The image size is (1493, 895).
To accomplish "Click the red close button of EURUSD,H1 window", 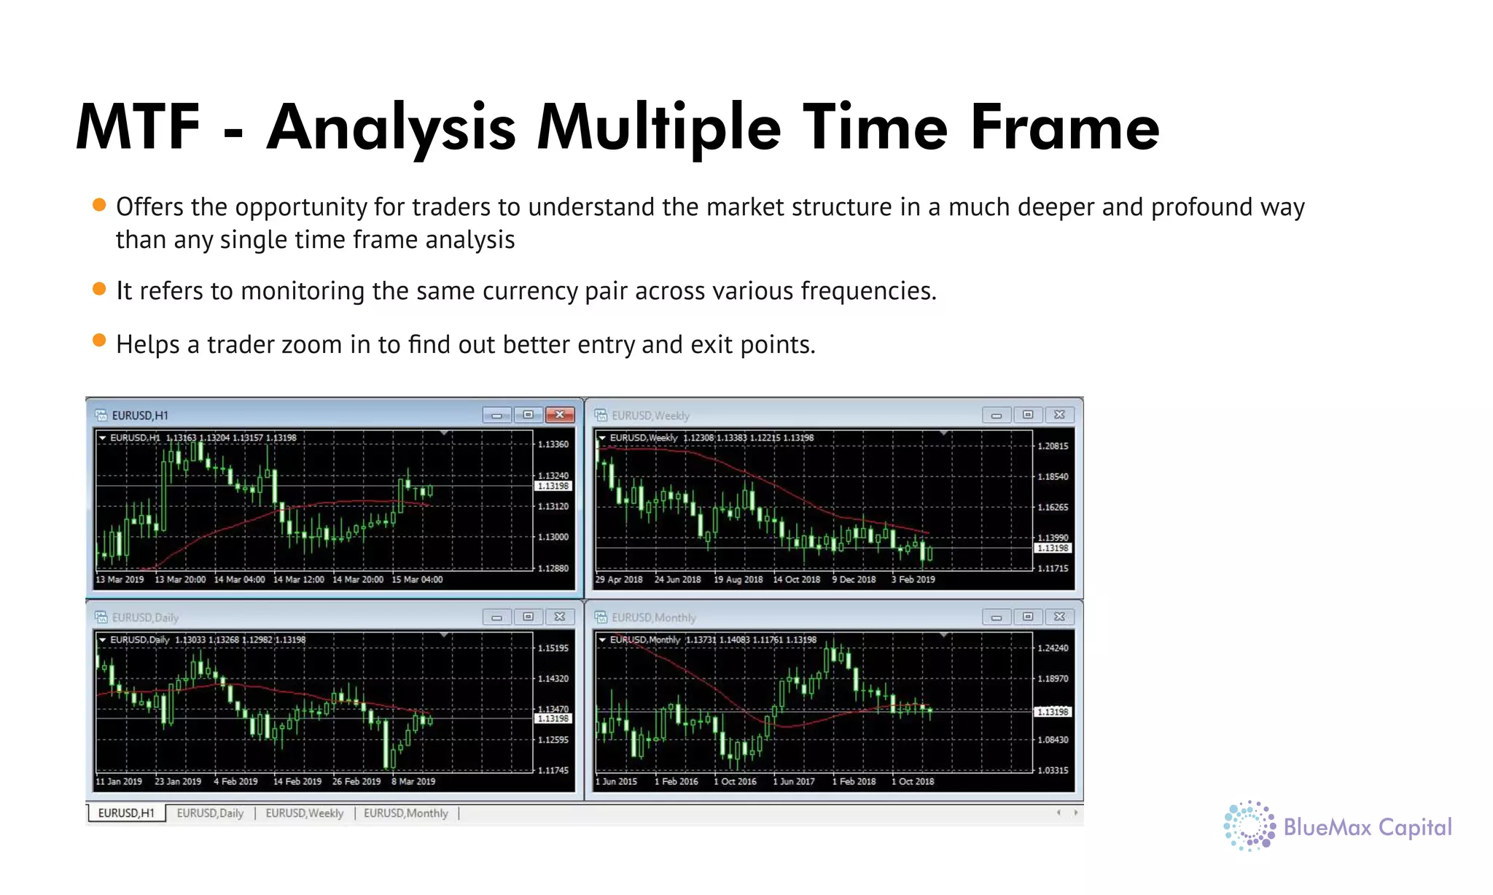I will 559,415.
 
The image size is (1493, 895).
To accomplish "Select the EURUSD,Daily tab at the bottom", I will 210,813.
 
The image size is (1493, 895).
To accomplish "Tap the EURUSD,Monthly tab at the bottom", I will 405,813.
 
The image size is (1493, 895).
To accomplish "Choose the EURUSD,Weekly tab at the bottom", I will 304,813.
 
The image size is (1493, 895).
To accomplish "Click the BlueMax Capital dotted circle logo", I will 1249,826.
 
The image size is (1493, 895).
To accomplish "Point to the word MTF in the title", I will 138,128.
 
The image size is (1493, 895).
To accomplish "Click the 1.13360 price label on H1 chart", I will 553,444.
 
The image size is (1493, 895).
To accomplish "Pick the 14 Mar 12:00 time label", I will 298,580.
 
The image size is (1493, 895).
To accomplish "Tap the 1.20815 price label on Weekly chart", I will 1053,446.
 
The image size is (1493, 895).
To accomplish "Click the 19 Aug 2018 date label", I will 738,580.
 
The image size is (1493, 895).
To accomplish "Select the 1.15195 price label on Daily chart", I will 553,648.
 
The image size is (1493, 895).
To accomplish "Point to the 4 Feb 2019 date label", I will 235,781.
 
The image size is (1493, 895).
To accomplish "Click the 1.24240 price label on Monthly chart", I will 1053,648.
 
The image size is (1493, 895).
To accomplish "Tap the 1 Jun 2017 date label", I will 793,781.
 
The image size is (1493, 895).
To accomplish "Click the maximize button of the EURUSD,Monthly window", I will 1027,617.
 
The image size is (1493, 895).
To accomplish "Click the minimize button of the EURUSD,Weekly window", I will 996,415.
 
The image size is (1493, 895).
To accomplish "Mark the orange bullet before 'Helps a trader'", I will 100,341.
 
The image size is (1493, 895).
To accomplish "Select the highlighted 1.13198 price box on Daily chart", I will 553,718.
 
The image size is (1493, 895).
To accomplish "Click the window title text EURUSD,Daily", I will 145,618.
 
